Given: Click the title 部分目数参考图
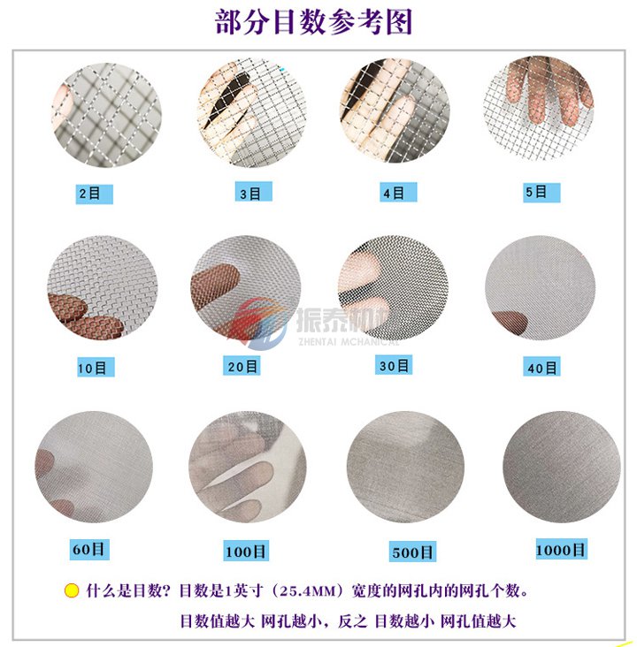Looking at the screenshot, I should (x=314, y=22).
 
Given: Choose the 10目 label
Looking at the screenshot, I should (x=93, y=367).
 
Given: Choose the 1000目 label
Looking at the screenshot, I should (x=560, y=550).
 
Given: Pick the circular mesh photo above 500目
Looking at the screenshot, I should (x=405, y=466).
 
